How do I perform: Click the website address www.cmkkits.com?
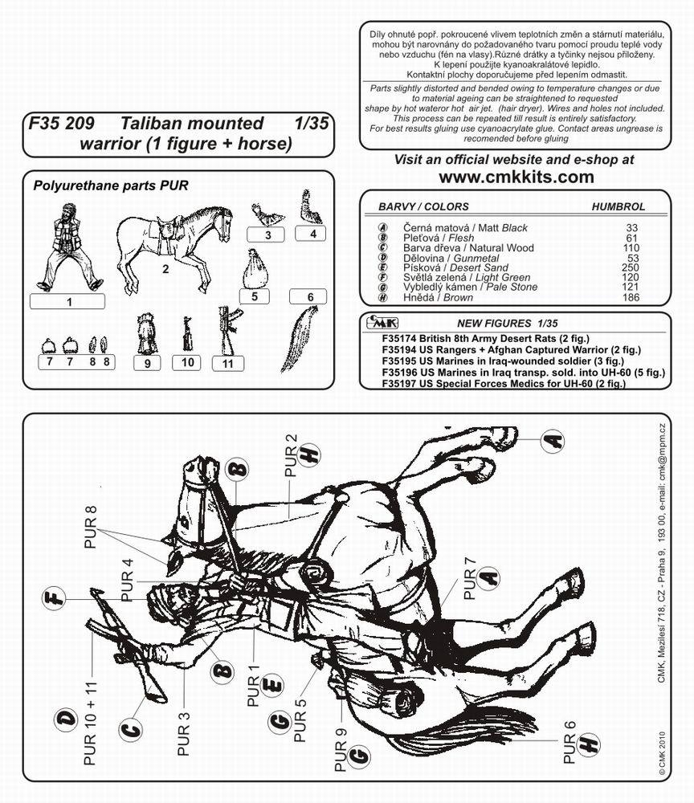coord(516,177)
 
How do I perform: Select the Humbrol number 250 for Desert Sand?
coord(630,267)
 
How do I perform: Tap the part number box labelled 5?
coord(255,296)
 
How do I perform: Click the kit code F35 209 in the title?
coord(62,124)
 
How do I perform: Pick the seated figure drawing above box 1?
coord(68,247)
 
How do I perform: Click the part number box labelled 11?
coord(228,364)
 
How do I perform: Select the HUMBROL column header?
coord(618,207)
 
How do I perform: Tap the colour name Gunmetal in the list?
coord(476,258)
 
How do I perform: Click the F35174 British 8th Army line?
coord(485,339)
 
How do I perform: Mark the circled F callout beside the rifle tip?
coord(54,597)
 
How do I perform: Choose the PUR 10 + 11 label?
coord(90,724)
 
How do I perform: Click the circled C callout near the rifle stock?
coord(131,730)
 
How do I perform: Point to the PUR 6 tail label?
coord(569,743)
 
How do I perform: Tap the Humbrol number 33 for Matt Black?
coord(631,228)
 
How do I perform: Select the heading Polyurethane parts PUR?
coord(111,185)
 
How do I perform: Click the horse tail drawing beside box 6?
coord(299,339)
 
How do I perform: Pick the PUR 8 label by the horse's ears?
coord(90,527)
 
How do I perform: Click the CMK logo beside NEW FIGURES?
coord(382,323)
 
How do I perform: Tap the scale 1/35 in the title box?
coord(312,124)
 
